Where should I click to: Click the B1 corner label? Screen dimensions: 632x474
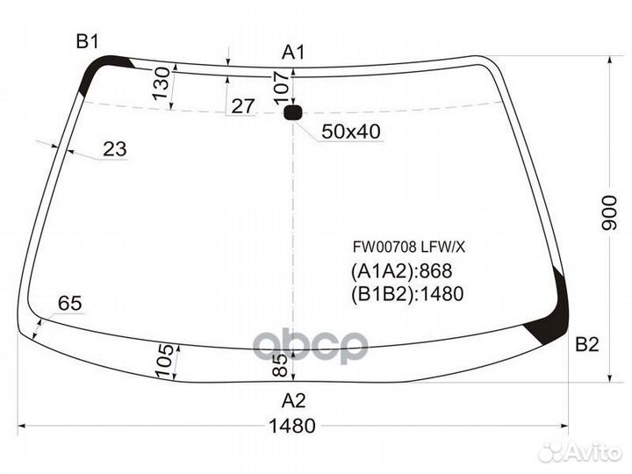[88, 41]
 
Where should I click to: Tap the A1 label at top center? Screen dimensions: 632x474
[293, 53]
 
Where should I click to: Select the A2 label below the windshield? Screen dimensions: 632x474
[293, 400]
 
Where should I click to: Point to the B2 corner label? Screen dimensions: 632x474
[587, 345]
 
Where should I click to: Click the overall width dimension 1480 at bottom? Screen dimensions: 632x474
[291, 426]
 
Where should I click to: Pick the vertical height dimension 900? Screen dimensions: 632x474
[609, 213]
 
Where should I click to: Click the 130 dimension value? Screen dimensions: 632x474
[162, 83]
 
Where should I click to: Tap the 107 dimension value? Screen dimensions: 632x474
[282, 88]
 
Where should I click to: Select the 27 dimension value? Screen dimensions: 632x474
[242, 106]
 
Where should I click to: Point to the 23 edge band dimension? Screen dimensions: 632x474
[115, 149]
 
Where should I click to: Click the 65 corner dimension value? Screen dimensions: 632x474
[69, 303]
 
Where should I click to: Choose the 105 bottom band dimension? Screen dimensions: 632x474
[165, 361]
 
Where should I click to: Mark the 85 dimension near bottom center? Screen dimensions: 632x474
[281, 365]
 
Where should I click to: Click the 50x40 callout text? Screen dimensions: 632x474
[350, 132]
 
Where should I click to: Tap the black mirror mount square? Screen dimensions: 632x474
[292, 112]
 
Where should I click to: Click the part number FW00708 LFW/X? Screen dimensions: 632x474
[409, 247]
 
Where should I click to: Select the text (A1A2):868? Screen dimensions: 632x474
[401, 271]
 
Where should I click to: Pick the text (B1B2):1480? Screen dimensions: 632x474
[407, 294]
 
